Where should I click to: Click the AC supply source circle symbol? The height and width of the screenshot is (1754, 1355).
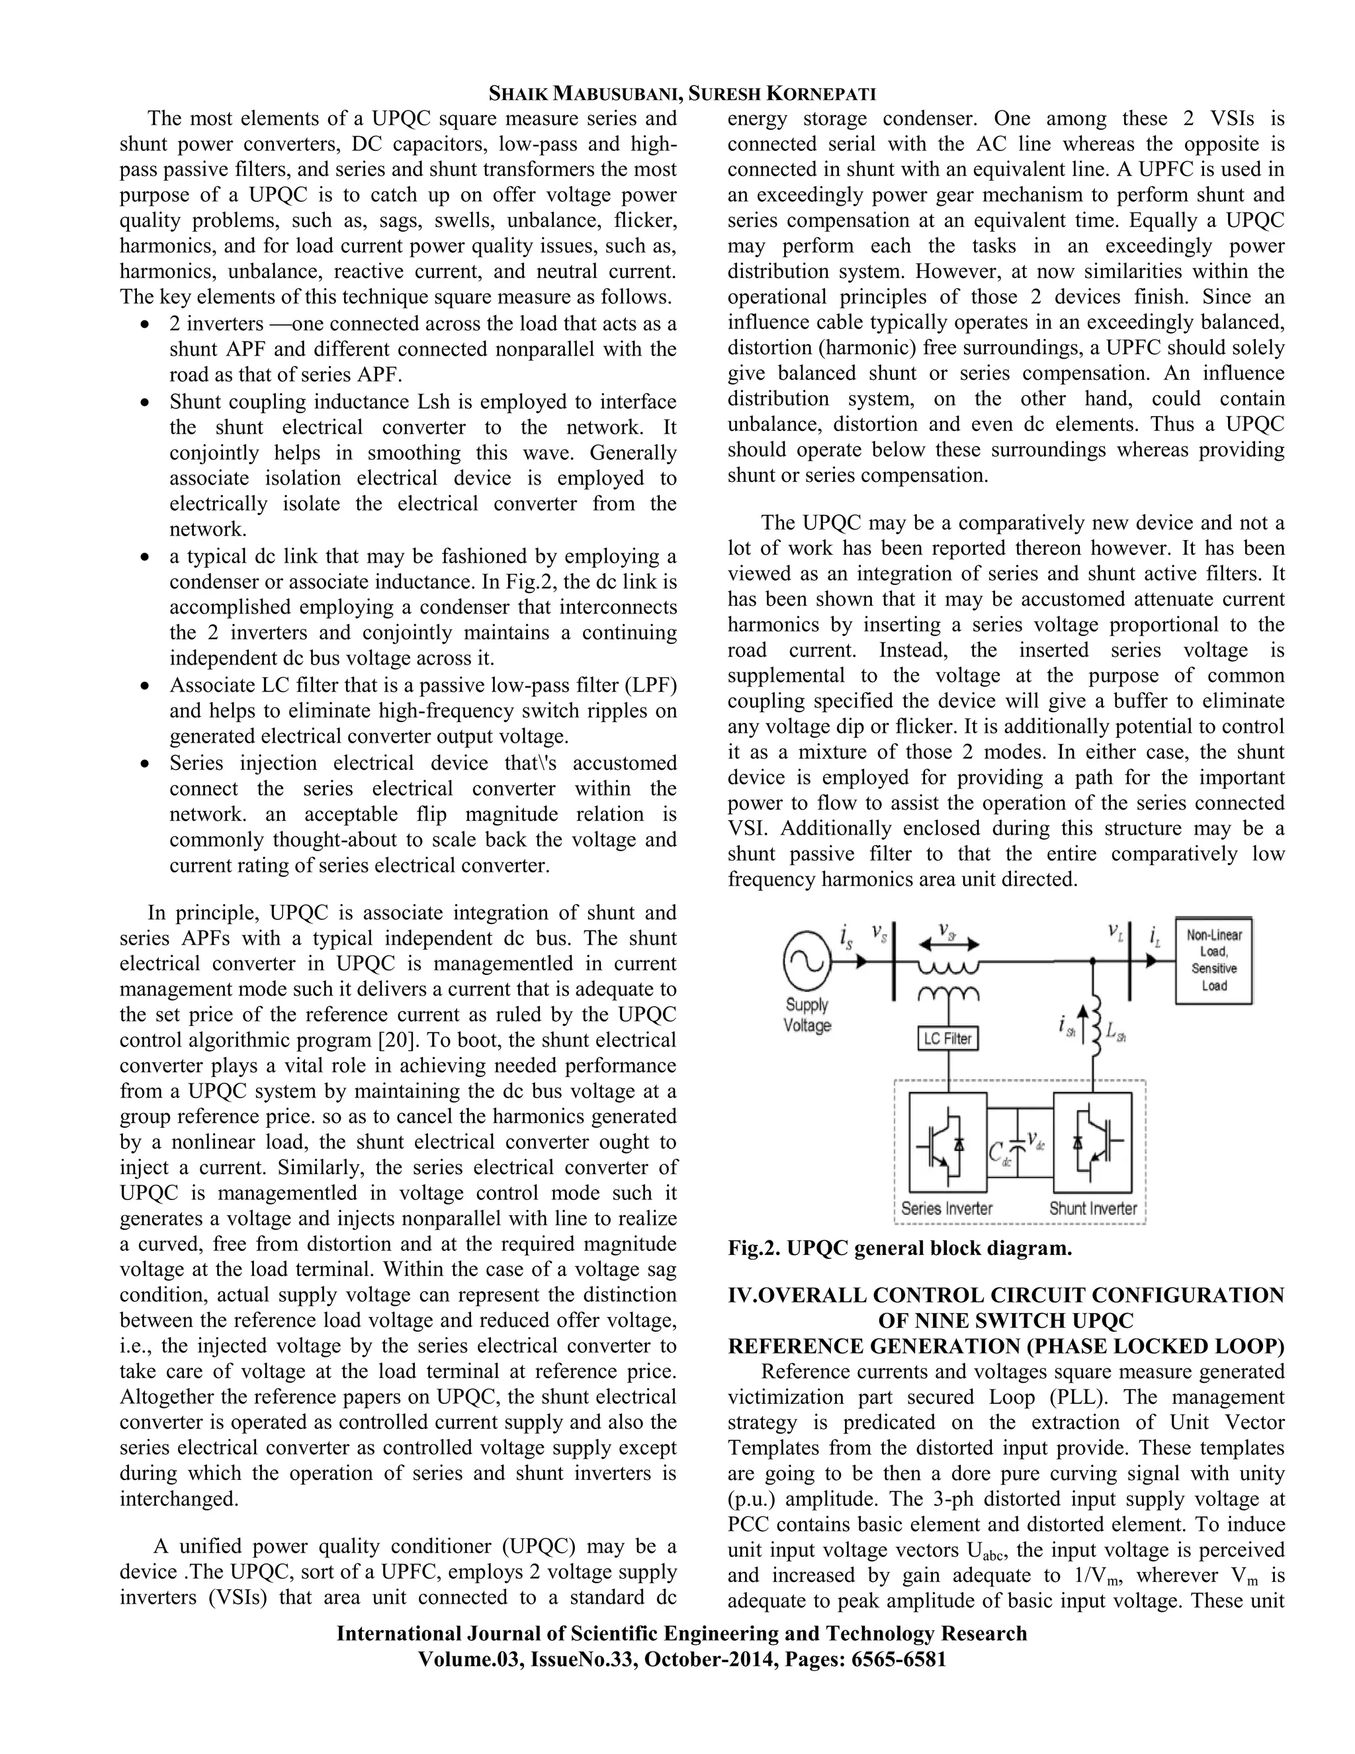[x=807, y=960]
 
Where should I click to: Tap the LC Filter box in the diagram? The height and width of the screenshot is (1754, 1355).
[x=947, y=1039]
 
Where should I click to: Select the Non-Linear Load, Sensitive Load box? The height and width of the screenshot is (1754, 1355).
[x=1213, y=960]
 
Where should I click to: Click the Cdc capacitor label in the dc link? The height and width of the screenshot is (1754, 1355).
[x=998, y=1155]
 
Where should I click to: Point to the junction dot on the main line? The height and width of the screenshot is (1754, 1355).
[x=1092, y=960]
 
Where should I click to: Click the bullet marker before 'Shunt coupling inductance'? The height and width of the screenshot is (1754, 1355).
[x=144, y=402]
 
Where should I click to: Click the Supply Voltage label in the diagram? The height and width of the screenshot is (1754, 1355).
[x=807, y=1015]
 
